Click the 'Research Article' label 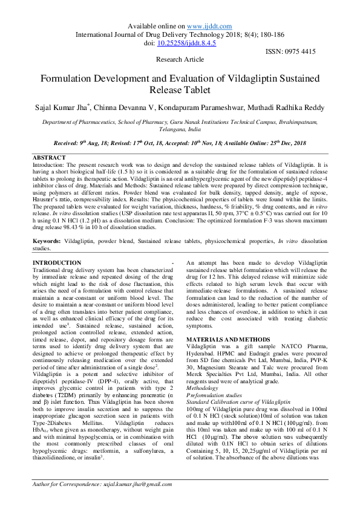[180, 60]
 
